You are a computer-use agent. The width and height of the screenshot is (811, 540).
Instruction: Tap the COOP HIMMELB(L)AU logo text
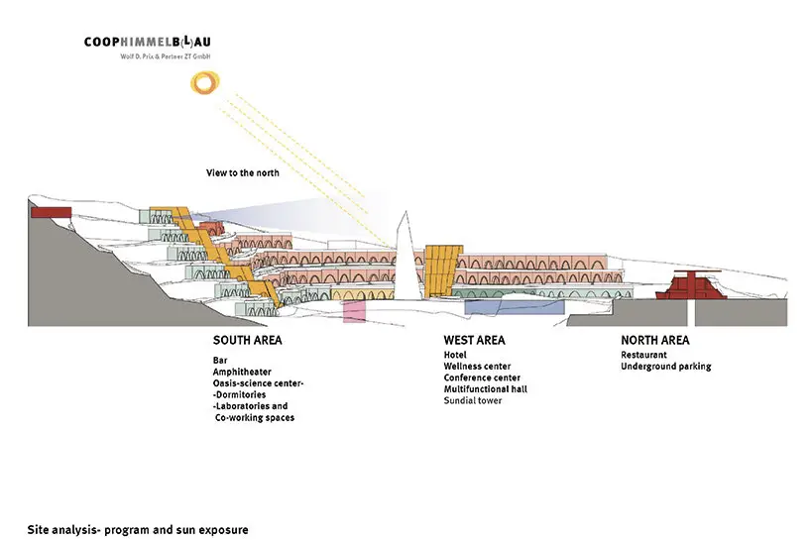click(x=154, y=43)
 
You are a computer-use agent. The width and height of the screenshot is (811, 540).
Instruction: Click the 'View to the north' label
click(x=243, y=173)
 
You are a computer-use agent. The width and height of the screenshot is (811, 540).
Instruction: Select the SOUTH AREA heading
click(x=247, y=340)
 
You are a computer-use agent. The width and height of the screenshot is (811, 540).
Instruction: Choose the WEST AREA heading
click(x=474, y=340)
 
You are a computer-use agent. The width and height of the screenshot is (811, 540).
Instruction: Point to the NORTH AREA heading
click(x=656, y=340)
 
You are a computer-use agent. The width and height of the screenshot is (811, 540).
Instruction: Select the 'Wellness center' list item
click(x=477, y=366)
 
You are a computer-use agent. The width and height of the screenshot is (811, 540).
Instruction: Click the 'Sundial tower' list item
click(x=473, y=400)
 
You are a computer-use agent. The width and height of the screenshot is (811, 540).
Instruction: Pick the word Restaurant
click(x=644, y=354)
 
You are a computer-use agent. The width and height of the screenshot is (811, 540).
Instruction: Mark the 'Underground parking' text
click(x=666, y=367)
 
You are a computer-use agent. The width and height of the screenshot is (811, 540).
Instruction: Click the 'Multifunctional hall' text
click(x=486, y=388)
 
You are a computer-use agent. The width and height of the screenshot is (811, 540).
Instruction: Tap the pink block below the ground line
click(x=354, y=312)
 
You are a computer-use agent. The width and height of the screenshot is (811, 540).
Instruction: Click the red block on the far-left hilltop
click(x=46, y=211)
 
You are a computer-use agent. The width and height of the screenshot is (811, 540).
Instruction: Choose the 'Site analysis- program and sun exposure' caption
click(x=138, y=529)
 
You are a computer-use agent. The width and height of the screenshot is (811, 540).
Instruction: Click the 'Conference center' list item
click(x=482, y=378)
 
